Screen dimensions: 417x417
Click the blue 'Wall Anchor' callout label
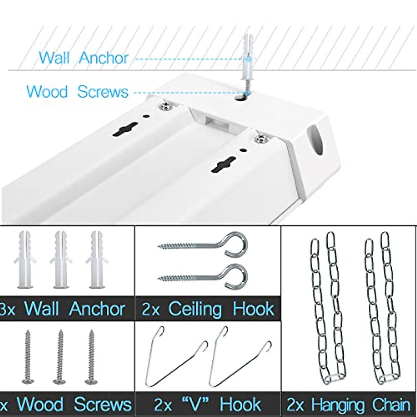83,58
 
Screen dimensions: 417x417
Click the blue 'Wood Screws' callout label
77,92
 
